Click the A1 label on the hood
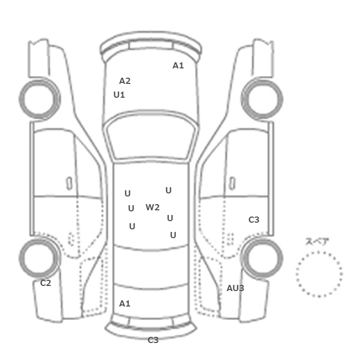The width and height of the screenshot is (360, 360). tap(178, 66)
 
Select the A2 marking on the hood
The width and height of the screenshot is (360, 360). tap(125, 81)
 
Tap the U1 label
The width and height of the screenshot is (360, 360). tap(119, 95)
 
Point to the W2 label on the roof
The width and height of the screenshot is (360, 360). tap(153, 207)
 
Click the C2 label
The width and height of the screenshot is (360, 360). tap(46, 283)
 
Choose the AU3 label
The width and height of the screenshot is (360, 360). tap(236, 288)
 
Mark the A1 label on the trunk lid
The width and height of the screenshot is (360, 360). tap(124, 304)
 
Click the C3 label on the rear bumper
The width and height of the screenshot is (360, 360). tap(153, 340)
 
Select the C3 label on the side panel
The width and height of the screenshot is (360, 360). tap(254, 220)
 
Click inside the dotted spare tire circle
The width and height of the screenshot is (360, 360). tap(319, 274)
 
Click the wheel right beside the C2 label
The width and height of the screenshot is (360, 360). tap(40, 258)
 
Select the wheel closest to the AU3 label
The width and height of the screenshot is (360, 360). tap(262, 258)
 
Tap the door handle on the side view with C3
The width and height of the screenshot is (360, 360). tap(232, 184)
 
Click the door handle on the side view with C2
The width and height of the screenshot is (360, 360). tap(69, 184)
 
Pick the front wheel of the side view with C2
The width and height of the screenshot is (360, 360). tap(40, 99)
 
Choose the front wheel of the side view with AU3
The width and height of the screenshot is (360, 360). tap(262, 99)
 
